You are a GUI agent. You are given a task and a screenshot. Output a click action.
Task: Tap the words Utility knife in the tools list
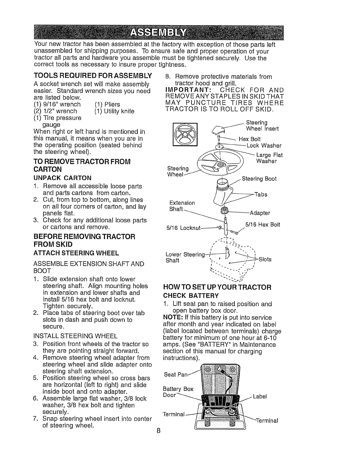114,111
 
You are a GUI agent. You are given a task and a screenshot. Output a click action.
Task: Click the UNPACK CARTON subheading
63,178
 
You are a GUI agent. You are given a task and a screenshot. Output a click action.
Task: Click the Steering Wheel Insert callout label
262,126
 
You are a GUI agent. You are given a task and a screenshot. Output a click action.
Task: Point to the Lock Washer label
264,146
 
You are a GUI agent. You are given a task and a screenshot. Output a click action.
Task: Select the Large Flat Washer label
269,158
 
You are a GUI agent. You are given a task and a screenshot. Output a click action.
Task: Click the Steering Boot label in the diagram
259,179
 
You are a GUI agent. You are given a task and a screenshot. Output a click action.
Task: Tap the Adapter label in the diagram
260,213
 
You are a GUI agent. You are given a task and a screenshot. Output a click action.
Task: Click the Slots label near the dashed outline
265,259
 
